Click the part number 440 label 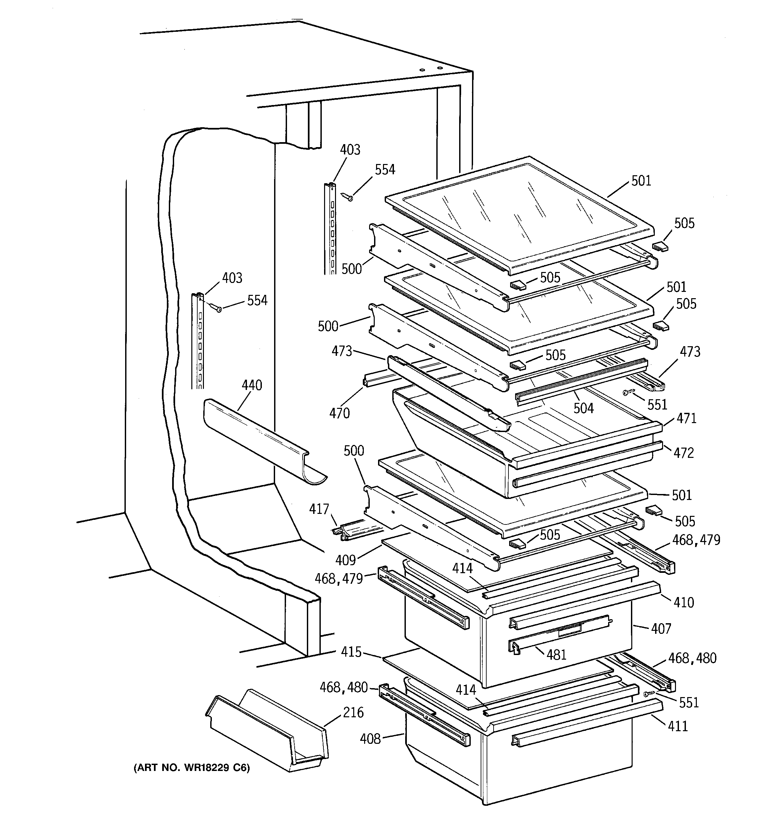click(x=252, y=385)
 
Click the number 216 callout click(x=353, y=712)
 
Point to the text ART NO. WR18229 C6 click(x=191, y=768)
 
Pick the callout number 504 click(x=583, y=409)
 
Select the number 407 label click(x=661, y=629)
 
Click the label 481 click(x=556, y=655)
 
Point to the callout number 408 click(x=370, y=739)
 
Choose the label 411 click(x=678, y=726)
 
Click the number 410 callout click(x=684, y=603)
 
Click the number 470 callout click(x=339, y=413)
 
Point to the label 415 click(x=351, y=652)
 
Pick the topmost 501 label click(x=641, y=181)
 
